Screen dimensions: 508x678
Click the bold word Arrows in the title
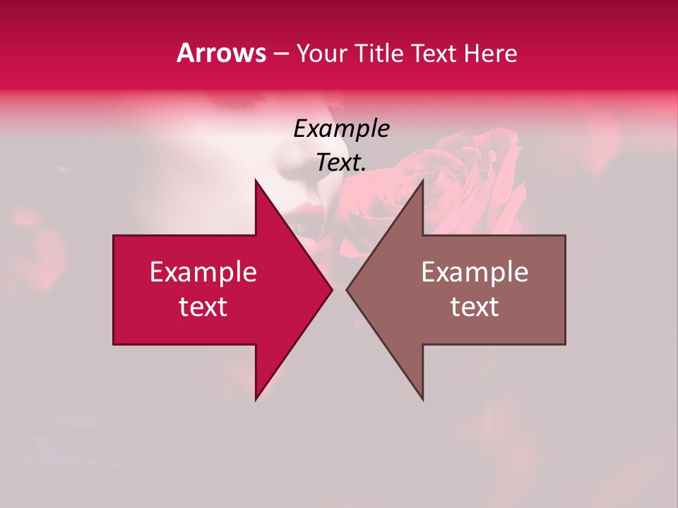click(221, 53)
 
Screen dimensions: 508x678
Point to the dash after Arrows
click(280, 54)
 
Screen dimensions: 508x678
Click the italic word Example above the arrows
click(341, 128)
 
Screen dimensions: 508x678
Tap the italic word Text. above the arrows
click(341, 162)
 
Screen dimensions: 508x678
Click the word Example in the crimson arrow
click(203, 272)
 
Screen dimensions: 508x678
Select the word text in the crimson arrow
click(203, 307)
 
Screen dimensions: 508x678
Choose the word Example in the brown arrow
click(475, 272)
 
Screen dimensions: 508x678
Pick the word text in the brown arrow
click(475, 307)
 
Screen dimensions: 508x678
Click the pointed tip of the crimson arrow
click(331, 289)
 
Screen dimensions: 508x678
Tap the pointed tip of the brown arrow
click(347, 289)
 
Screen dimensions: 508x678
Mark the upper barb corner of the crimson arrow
click(256, 181)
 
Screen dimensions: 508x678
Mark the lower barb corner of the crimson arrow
click(256, 399)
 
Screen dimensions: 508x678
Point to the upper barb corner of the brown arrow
click(422, 181)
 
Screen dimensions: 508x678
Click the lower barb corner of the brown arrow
click(422, 399)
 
